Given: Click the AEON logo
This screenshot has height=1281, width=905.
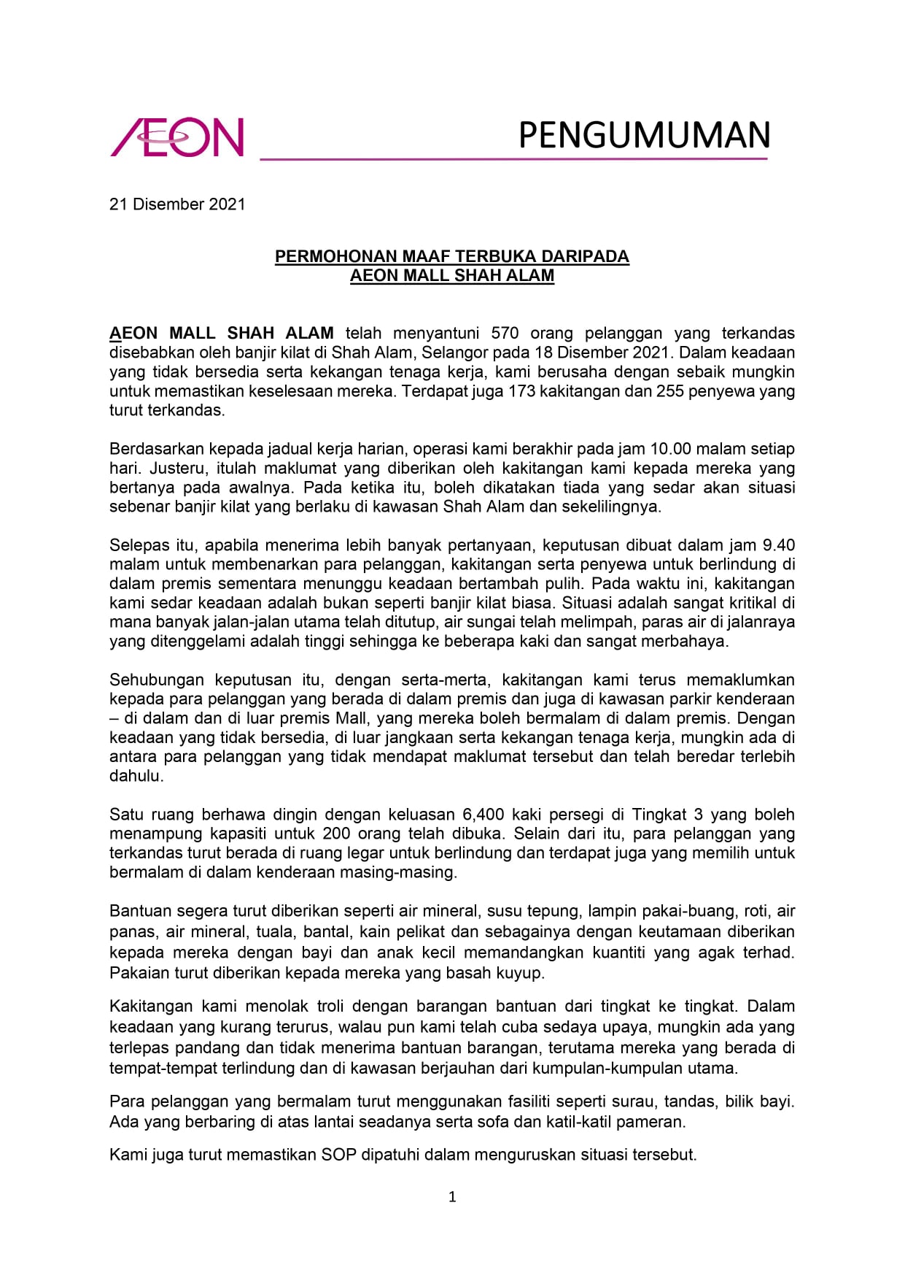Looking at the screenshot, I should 177,137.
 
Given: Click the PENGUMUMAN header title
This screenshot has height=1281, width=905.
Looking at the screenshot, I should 644,136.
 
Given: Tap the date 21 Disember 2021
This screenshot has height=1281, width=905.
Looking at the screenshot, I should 177,204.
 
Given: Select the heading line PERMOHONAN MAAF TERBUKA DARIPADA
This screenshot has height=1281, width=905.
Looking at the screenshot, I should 451,257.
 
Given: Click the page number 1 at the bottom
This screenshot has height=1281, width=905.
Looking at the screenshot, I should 452,1196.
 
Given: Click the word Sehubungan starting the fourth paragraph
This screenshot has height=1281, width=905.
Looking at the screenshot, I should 157,680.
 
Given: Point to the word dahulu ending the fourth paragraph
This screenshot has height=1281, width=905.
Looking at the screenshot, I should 136,776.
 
